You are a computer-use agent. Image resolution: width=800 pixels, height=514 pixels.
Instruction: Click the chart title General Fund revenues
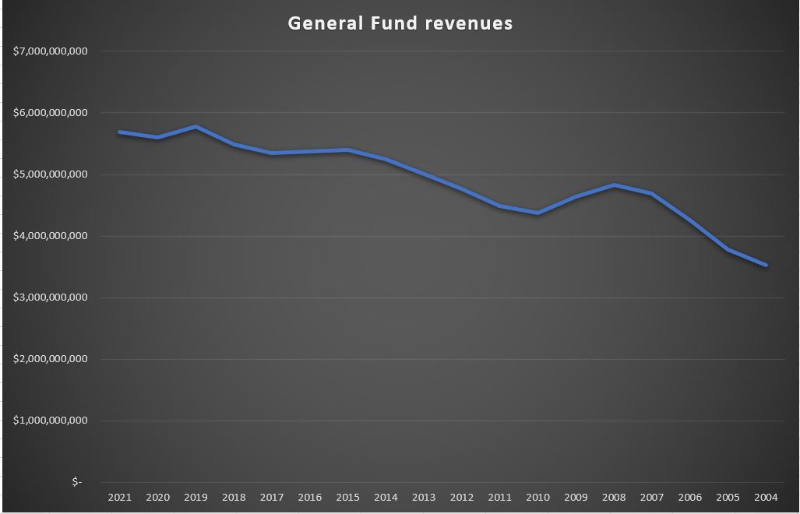pos(400,23)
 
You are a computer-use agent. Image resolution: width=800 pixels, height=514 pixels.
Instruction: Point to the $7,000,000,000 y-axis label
pos(51,51)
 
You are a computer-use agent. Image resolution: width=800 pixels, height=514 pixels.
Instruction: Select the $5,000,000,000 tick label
pos(51,174)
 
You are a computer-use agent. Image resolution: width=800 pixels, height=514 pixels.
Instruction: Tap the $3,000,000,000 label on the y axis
pos(51,297)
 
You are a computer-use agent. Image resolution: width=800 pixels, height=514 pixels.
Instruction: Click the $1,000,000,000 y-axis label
pos(51,421)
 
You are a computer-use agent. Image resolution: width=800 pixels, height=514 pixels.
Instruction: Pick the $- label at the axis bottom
pos(76,482)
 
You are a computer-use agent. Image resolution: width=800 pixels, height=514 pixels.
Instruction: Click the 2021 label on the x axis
pos(120,497)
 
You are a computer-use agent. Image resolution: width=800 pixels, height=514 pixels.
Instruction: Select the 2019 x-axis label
pos(196,497)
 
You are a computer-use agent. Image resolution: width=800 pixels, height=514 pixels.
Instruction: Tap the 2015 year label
pos(347,497)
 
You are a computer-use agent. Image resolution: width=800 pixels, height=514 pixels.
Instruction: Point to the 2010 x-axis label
pos(537,497)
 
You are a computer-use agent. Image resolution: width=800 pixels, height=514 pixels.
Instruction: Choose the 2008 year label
pos(614,497)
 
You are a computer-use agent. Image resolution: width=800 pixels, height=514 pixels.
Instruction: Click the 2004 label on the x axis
pos(767,497)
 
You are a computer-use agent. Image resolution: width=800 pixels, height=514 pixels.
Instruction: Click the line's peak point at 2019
pos(196,126)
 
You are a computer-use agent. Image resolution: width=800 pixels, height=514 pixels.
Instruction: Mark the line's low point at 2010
pos(537,213)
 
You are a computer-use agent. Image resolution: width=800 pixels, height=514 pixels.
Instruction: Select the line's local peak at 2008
pos(614,185)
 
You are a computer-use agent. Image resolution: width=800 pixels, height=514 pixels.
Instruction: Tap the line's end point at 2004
pos(767,265)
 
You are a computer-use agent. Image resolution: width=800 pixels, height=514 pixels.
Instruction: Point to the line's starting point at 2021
pos(120,132)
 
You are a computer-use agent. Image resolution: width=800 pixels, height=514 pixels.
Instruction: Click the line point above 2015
pos(347,150)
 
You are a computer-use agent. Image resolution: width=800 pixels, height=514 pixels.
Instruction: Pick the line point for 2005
pos(728,249)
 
